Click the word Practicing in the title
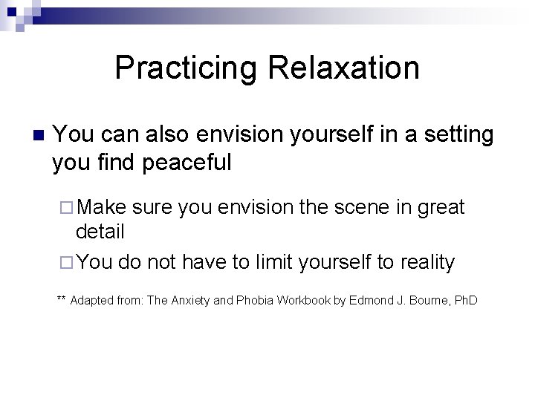click(185, 68)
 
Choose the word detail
click(100, 232)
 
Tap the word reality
click(427, 262)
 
